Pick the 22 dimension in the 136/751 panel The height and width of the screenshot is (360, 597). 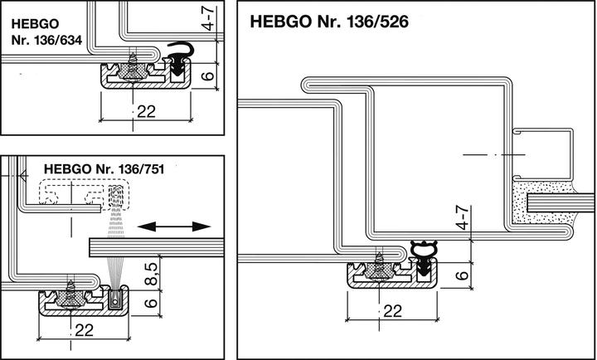click(x=81, y=330)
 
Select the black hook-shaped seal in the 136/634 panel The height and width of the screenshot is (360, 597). click(x=178, y=56)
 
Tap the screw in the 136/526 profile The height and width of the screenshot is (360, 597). click(x=381, y=265)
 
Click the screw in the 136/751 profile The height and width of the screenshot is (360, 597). click(x=74, y=293)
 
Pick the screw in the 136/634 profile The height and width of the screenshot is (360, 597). click(x=133, y=64)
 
